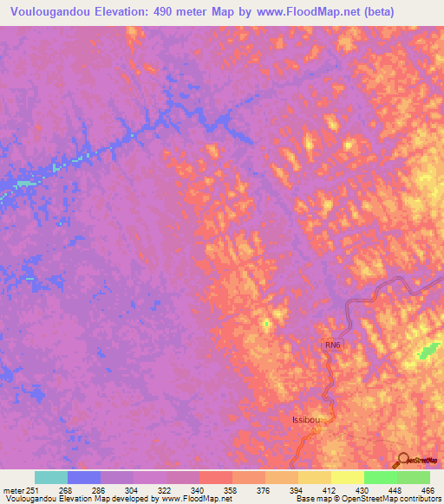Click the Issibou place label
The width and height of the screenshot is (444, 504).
[308, 420]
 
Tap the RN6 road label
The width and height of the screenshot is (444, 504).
[333, 346]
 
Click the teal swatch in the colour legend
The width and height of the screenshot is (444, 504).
[51, 477]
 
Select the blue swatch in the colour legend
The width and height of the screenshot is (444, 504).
[84, 477]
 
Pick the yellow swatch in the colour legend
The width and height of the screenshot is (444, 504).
[348, 477]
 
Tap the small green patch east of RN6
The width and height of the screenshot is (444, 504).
[427, 352]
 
